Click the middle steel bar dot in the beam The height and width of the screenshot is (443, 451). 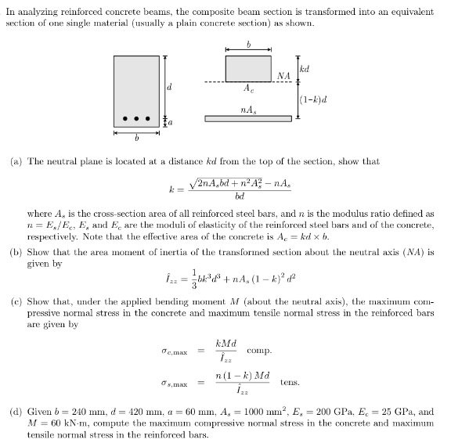[137, 120]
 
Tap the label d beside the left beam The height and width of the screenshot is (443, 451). [169, 87]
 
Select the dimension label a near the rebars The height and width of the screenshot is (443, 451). [169, 123]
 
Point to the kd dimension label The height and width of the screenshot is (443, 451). [305, 68]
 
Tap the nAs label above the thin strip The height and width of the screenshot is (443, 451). [248, 108]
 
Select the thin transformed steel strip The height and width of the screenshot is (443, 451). [248, 118]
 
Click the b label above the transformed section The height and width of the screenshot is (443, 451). [248, 45]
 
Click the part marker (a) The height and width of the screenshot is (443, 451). [14, 161]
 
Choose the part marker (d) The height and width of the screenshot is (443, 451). [14, 409]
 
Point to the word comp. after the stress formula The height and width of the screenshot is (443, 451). [258, 350]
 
